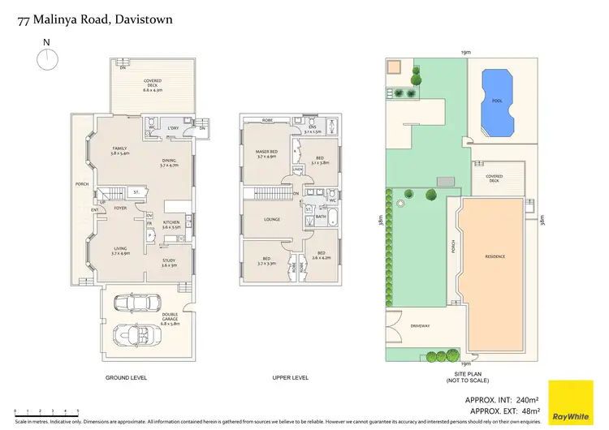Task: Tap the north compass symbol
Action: pyautogui.click(x=47, y=58)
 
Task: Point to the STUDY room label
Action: pyautogui.click(x=168, y=262)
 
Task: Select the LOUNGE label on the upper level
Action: pyautogui.click(x=273, y=219)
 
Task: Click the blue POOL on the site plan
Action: pyautogui.click(x=497, y=101)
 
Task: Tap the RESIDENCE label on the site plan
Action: pyautogui.click(x=495, y=256)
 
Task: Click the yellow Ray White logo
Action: pyautogui.click(x=571, y=401)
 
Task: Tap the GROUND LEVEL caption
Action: pyautogui.click(x=126, y=378)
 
